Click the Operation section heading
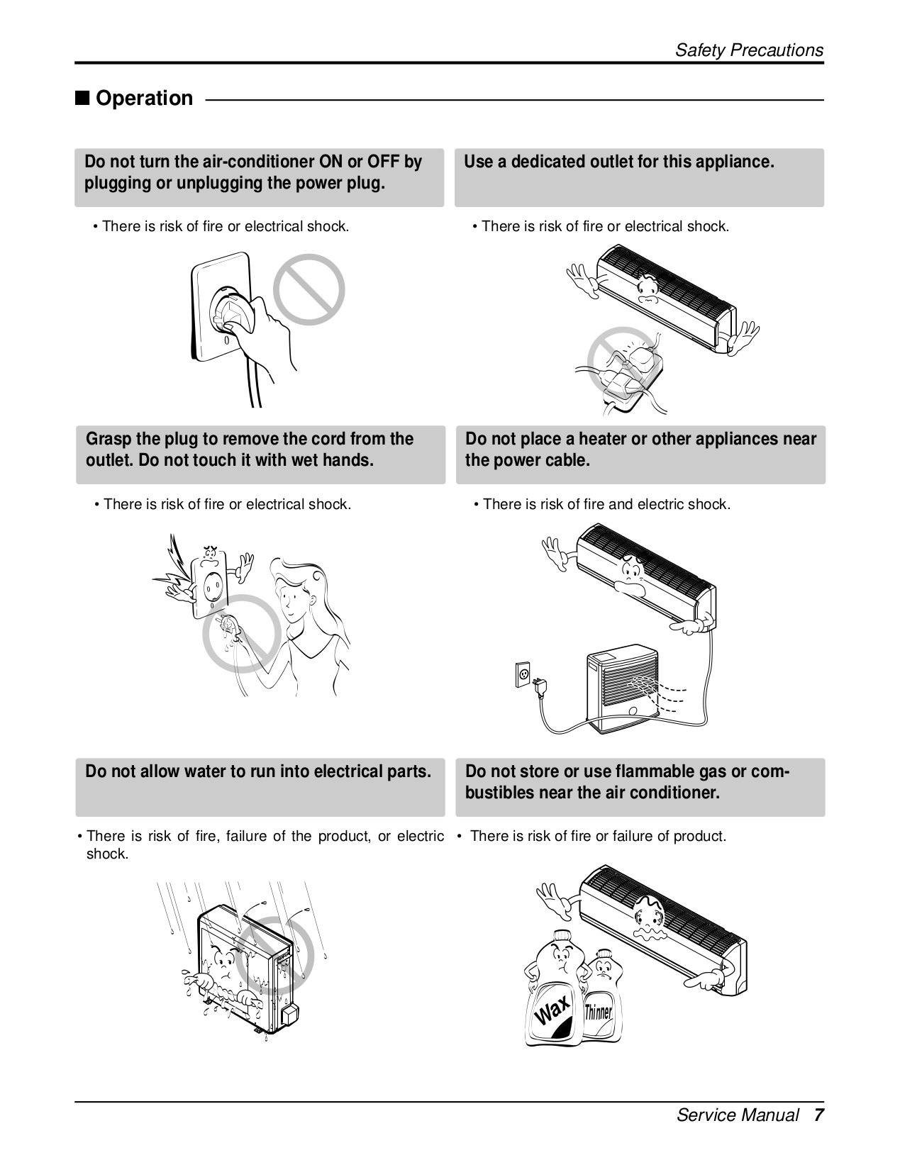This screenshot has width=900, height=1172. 143,98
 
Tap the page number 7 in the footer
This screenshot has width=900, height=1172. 818,1115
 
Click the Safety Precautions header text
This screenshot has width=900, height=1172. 748,50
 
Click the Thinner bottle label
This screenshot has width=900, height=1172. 598,1012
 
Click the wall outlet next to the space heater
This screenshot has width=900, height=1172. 523,674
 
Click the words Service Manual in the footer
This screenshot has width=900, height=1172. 738,1115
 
